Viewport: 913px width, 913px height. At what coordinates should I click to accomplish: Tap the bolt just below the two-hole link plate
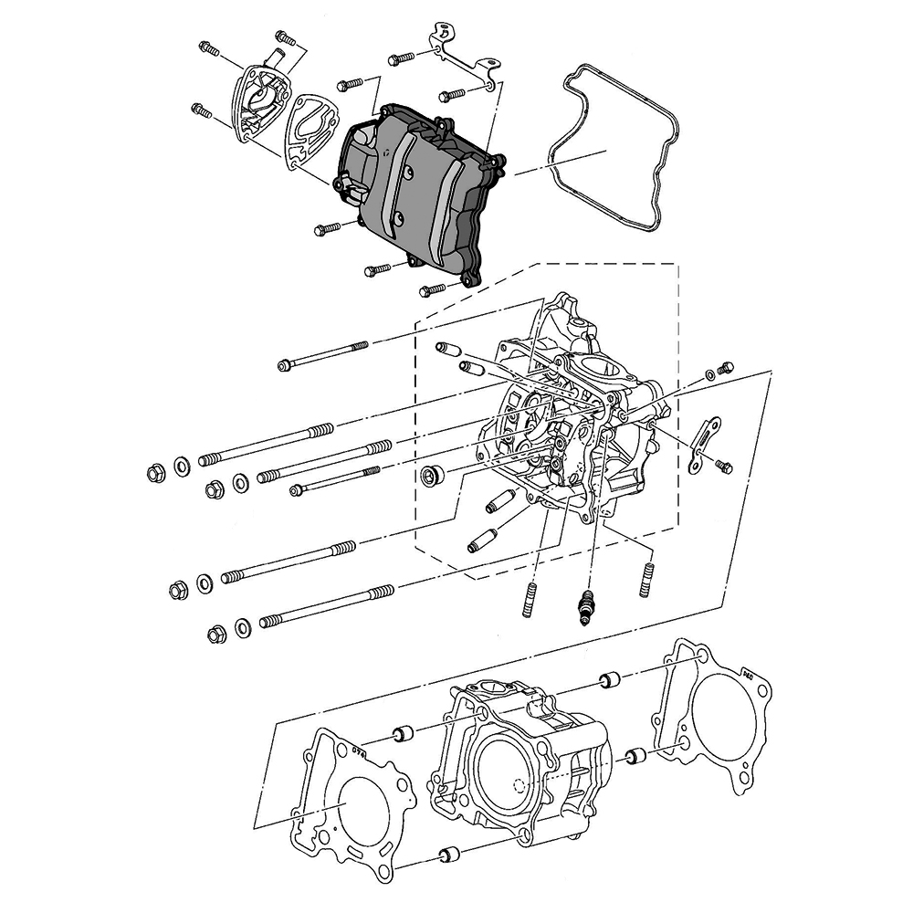coord(724,467)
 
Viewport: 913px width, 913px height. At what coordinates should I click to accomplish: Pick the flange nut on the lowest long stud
coord(216,634)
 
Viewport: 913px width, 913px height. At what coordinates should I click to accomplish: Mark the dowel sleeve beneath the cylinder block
coord(447,855)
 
